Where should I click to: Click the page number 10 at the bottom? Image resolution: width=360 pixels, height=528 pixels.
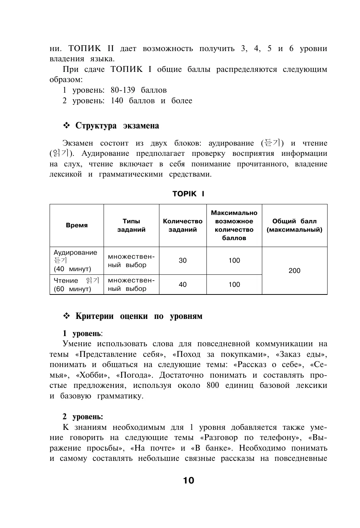189,481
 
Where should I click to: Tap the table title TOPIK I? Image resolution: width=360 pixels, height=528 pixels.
188,194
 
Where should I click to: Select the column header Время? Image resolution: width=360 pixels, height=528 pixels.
77,226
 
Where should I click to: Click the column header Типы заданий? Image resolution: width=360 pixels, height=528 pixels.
131,226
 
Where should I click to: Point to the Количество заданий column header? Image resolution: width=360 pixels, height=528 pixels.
183,226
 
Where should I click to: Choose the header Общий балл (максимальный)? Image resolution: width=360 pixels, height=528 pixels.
294,226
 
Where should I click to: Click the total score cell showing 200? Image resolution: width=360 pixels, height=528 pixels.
294,271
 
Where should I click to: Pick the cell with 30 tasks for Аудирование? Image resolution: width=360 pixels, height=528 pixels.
183,261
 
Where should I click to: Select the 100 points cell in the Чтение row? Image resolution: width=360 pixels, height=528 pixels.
234,285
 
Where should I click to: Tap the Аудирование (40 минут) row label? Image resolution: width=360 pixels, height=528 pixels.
76,261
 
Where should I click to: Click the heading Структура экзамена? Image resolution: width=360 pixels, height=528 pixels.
117,126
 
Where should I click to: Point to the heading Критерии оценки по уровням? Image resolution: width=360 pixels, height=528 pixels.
139,316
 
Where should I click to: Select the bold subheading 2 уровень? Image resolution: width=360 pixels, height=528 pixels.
83,417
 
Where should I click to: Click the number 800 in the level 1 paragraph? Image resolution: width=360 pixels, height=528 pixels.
213,386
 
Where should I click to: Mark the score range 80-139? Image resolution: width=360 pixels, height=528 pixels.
123,90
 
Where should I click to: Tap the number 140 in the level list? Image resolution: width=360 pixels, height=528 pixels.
117,101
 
